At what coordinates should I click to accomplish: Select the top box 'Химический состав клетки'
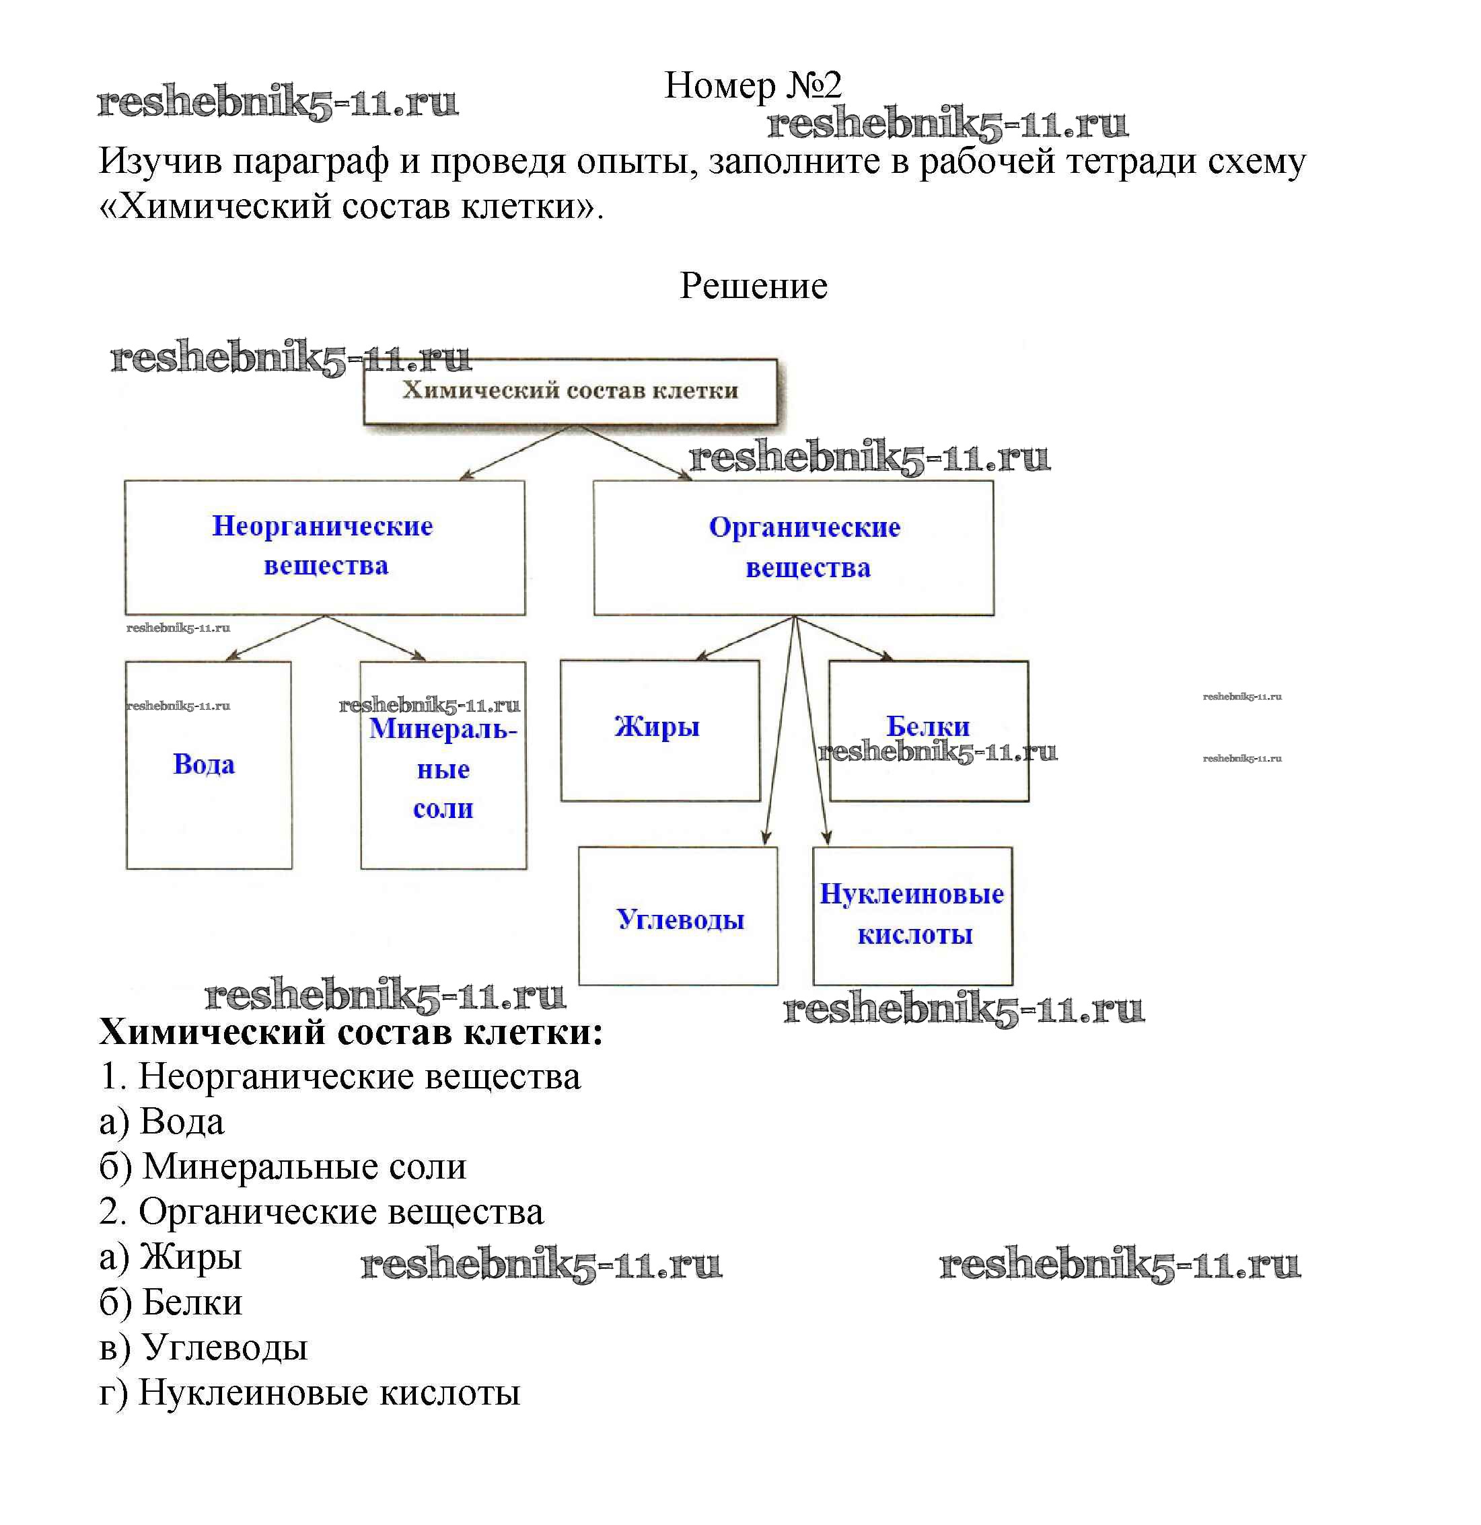point(570,391)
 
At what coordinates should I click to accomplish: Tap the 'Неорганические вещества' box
point(324,546)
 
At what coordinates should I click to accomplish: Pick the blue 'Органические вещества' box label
point(805,547)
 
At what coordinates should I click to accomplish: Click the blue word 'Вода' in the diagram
point(204,764)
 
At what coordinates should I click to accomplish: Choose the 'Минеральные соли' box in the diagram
point(443,768)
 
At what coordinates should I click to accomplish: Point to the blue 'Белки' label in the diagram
point(928,726)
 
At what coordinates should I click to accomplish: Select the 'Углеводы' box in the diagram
point(680,920)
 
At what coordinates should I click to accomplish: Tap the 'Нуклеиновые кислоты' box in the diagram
point(912,915)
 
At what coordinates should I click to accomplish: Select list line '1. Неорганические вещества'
point(340,1077)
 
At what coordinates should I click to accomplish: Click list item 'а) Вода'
point(162,1122)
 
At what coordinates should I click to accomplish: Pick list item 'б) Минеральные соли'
point(283,1167)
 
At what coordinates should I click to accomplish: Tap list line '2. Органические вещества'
point(322,1212)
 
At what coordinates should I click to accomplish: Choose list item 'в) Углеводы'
point(204,1347)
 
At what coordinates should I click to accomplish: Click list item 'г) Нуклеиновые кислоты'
point(310,1392)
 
